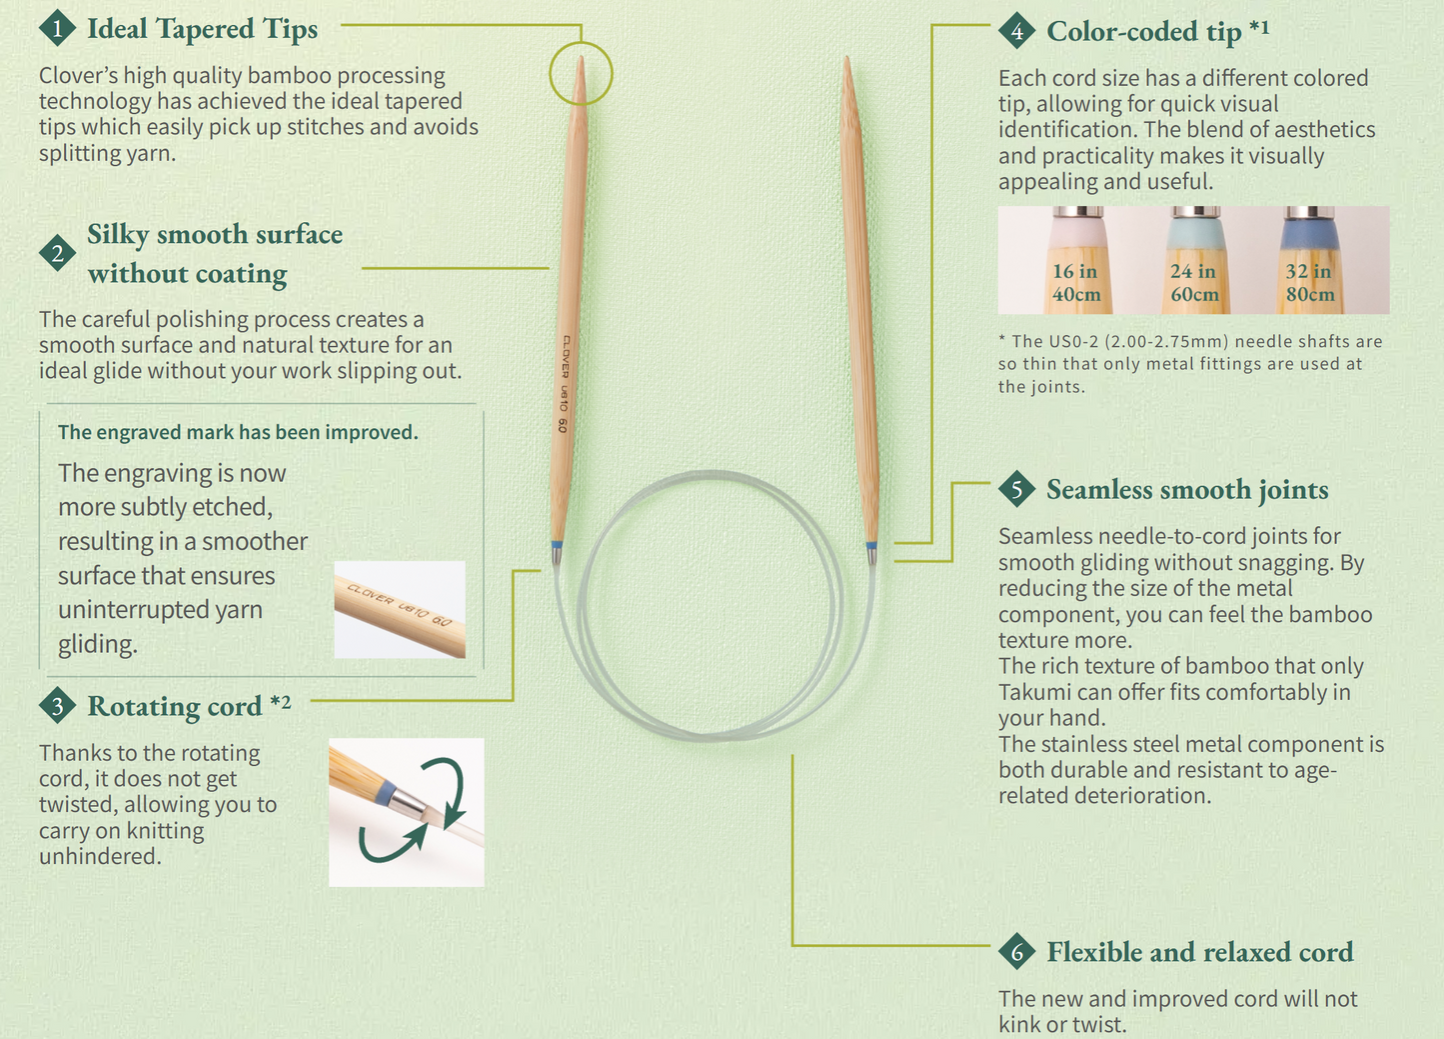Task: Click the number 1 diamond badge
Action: pyautogui.click(x=57, y=28)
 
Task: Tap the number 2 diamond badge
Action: pyautogui.click(x=57, y=253)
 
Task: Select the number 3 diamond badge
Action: pyautogui.click(x=57, y=706)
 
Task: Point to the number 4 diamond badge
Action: pyautogui.click(x=1016, y=30)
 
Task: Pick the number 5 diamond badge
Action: pyautogui.click(x=1016, y=489)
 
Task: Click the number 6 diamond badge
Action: pyautogui.click(x=1016, y=951)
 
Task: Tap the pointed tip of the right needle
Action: pyautogui.click(x=847, y=59)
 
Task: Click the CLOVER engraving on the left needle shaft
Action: pyautogui.click(x=566, y=356)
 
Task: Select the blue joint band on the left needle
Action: pyautogui.click(x=557, y=545)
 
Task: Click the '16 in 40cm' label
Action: pyautogui.click(x=1076, y=282)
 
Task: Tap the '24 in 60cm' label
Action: pyautogui.click(x=1194, y=282)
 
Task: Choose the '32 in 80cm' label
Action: pyautogui.click(x=1309, y=282)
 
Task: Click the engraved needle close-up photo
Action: pyautogui.click(x=400, y=609)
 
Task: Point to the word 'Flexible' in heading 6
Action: pyautogui.click(x=1094, y=952)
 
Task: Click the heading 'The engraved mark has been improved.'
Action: pyautogui.click(x=238, y=432)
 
